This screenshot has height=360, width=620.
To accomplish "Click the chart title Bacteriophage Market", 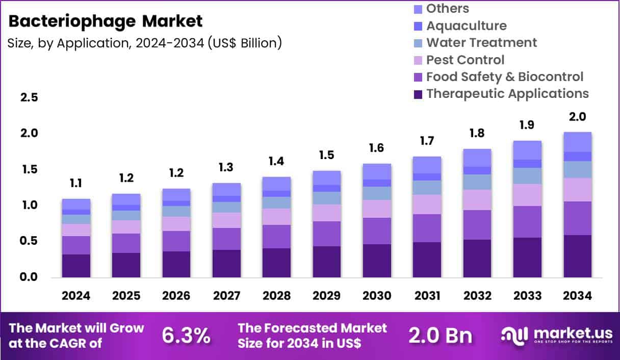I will pyautogui.click(x=106, y=21).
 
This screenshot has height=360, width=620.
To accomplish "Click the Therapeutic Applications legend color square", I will pyautogui.click(x=418, y=94).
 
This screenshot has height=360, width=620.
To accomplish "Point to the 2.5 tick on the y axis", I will pyautogui.click(x=29, y=97).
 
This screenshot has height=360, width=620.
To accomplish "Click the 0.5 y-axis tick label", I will pyautogui.click(x=29, y=241).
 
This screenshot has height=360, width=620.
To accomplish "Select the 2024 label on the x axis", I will pyautogui.click(x=76, y=296).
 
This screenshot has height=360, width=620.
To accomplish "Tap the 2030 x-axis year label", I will pyautogui.click(x=377, y=296).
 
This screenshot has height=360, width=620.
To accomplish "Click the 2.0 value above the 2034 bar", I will pyautogui.click(x=577, y=117).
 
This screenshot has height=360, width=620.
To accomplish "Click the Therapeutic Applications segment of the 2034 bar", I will pyautogui.click(x=577, y=256).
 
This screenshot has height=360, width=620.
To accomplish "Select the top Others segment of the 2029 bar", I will pyautogui.click(x=327, y=177).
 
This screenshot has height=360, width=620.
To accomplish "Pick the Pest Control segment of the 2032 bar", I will pyautogui.click(x=477, y=200).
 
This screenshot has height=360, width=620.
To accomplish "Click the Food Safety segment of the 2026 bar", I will pyautogui.click(x=176, y=241).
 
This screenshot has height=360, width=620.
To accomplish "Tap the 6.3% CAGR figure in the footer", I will pyautogui.click(x=186, y=336).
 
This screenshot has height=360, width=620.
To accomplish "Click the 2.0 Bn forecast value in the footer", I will pyautogui.click(x=440, y=336).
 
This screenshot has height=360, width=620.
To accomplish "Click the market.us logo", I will pyautogui.click(x=556, y=335).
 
